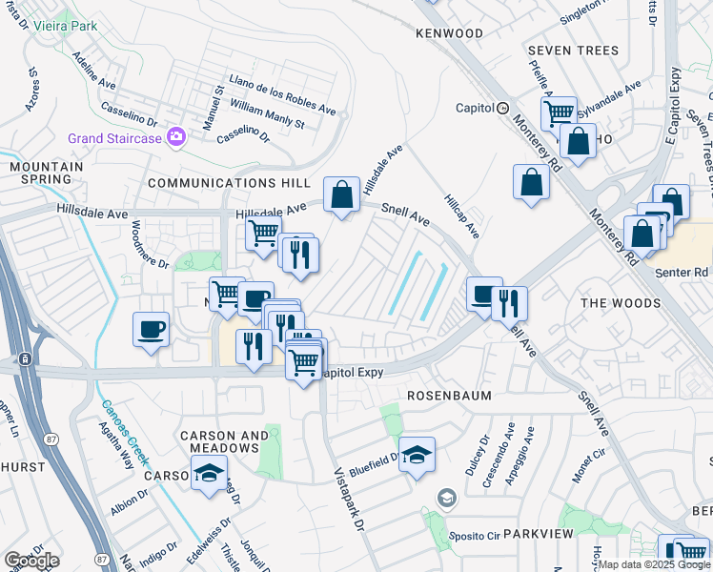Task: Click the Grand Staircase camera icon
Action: (x=175, y=137)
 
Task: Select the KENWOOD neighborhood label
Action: (x=449, y=33)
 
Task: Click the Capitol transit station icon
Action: (x=502, y=108)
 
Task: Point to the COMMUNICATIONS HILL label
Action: (x=229, y=182)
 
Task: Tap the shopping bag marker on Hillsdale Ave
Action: (x=341, y=195)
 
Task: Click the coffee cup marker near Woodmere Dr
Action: (x=151, y=330)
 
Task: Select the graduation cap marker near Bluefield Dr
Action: (x=417, y=455)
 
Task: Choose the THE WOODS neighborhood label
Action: (x=621, y=303)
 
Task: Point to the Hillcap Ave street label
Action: (x=461, y=217)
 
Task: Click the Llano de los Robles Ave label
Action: (x=282, y=94)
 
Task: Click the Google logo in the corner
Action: (x=31, y=561)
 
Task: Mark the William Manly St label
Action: (x=267, y=117)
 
